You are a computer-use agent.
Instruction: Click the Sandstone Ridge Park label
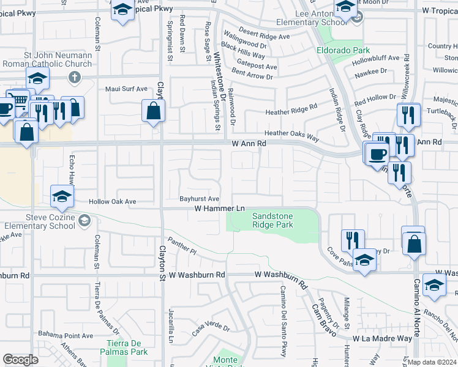coord(273,220)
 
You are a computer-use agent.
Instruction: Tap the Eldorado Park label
coord(334,50)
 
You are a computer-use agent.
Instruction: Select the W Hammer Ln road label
coord(219,209)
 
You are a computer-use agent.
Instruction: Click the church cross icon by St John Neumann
coord(74,77)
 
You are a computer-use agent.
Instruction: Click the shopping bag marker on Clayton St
coord(153,111)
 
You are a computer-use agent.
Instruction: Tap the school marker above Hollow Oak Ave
coord(62,196)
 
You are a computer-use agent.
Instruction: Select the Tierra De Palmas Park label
coord(127,347)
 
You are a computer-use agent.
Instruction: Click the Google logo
coord(20,360)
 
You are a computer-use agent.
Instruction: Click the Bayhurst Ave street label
coord(199,199)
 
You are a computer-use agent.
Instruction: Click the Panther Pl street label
coord(183,248)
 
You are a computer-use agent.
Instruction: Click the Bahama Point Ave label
coord(66,335)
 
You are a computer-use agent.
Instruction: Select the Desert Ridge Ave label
coord(264,36)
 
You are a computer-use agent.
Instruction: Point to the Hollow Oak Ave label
coord(112,201)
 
